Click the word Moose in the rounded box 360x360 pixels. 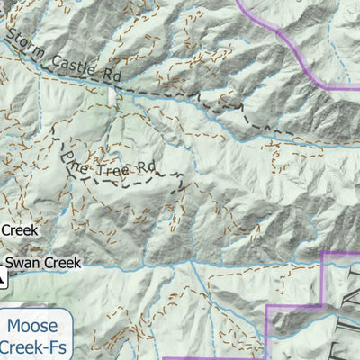coord(31,326)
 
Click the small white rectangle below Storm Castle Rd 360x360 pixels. coord(112,95)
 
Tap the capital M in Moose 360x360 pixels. coord(13,326)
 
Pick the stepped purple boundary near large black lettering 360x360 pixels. coord(297,306)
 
